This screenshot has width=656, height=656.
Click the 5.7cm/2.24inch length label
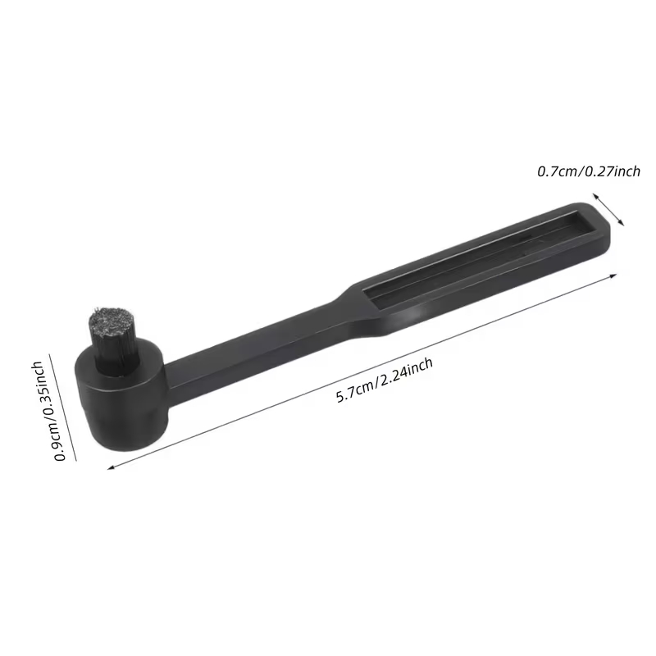coord(385,380)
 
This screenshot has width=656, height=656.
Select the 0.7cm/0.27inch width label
coord(589,171)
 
